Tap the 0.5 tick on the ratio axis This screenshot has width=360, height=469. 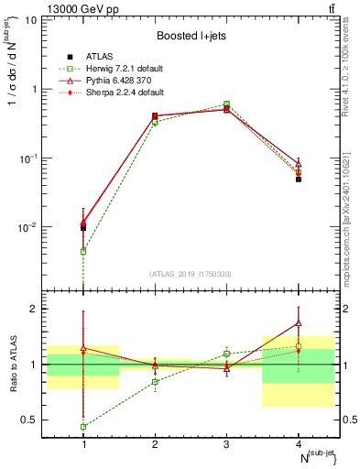34,420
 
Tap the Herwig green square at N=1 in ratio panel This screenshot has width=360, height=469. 83,427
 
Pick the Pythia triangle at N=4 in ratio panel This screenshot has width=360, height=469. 299,322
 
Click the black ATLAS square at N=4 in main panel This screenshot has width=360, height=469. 299,180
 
